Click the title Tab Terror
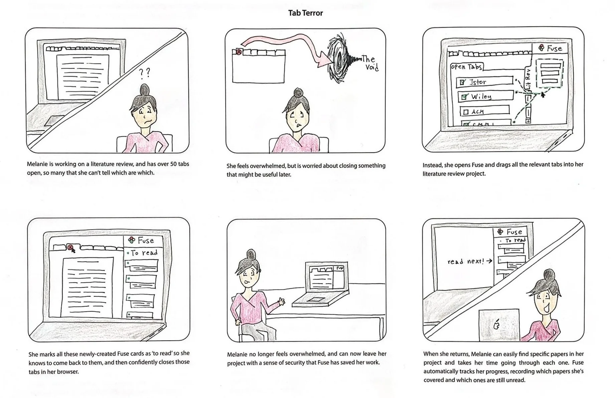[306, 13]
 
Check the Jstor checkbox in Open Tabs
[462, 82]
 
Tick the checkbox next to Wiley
[464, 97]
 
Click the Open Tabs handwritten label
[466, 67]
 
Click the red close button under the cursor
[70, 248]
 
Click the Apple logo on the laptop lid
[497, 324]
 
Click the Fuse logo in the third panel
[542, 48]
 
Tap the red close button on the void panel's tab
[239, 52]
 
